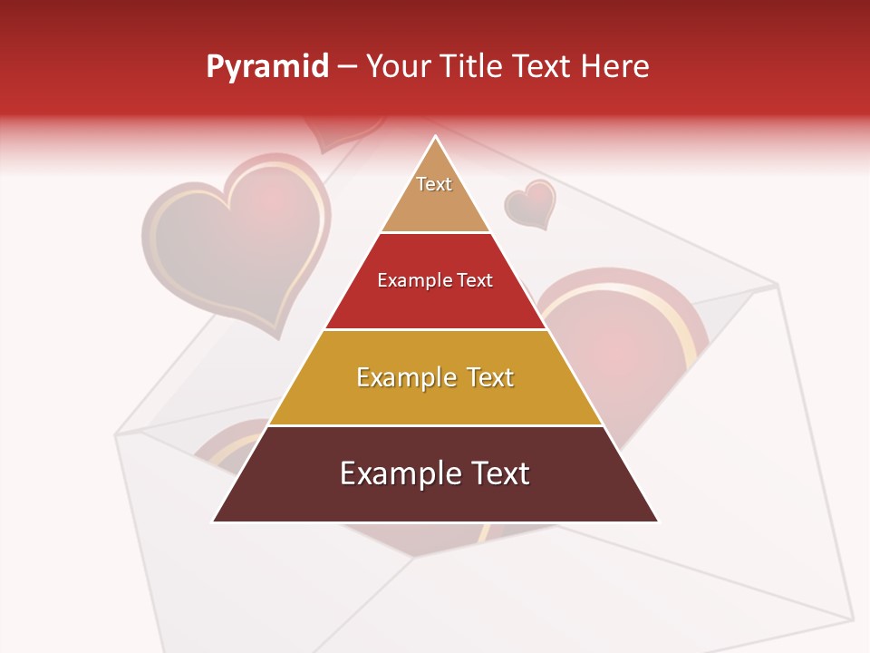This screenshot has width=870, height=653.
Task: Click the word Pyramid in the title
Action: [266, 66]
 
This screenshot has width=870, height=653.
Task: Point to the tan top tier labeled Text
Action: [435, 195]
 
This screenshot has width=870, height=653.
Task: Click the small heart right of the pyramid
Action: [530, 203]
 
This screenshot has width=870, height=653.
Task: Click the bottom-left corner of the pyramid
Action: [213, 521]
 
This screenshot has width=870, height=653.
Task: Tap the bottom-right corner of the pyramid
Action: [658, 521]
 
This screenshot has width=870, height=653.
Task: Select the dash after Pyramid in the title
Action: [347, 66]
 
